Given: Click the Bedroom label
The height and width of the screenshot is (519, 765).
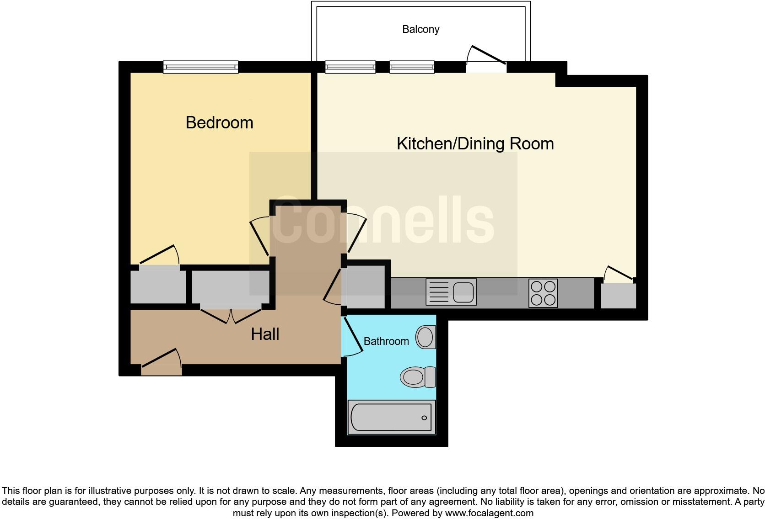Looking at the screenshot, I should (219, 122).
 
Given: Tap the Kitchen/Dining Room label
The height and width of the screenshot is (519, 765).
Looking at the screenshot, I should (475, 143).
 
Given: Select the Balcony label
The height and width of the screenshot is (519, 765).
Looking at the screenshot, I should (420, 29).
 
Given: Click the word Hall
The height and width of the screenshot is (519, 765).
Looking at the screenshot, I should (265, 334).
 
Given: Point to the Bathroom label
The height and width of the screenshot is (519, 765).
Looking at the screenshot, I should (386, 341).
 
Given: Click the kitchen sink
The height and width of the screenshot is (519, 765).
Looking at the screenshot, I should (451, 292).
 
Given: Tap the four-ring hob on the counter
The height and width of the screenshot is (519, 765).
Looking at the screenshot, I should (543, 293).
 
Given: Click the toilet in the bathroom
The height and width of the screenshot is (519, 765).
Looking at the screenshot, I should (418, 377).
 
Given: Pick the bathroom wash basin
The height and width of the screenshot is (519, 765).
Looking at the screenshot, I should (426, 338).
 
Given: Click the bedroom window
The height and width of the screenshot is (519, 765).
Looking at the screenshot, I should (201, 68).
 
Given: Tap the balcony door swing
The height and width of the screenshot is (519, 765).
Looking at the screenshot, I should (487, 55).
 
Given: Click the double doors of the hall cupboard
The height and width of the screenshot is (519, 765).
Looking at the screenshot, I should (231, 315).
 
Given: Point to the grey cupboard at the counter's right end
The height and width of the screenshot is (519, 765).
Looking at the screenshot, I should (618, 296).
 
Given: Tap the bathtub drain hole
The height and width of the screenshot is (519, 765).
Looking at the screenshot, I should (424, 418).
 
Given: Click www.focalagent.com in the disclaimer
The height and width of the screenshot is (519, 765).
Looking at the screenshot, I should (489, 513).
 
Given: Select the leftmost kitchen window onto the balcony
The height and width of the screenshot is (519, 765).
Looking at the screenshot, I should (350, 68).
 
